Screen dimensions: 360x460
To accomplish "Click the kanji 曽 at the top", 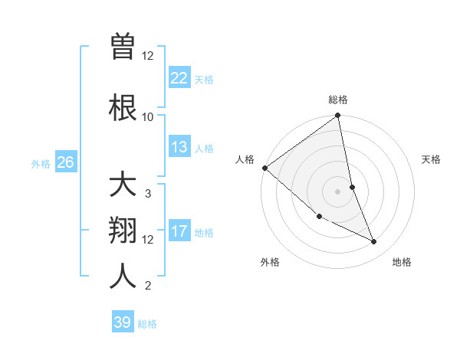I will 123,47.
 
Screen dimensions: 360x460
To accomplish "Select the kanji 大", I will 123,185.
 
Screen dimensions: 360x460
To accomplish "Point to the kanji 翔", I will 123,231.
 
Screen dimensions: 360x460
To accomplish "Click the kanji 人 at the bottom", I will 123,276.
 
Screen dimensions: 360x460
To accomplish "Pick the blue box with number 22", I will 179,78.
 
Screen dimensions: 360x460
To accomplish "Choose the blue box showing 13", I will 179,147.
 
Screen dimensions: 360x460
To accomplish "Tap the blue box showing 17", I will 179,231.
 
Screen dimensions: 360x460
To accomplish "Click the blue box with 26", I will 66,162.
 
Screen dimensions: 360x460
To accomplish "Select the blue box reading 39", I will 123,322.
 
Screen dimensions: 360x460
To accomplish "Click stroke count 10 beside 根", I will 148,116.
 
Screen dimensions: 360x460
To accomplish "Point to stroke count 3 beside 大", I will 148,194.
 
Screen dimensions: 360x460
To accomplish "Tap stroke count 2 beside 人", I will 148,286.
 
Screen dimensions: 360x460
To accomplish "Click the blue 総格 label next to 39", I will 147,324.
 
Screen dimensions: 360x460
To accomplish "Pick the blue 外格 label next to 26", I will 41,163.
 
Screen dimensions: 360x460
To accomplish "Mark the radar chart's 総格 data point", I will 337,116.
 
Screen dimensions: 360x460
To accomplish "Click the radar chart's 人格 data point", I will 264,168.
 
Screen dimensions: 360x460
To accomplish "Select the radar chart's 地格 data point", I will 374,241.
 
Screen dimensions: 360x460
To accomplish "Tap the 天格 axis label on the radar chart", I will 432,159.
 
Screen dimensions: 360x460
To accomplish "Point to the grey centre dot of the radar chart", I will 337,191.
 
